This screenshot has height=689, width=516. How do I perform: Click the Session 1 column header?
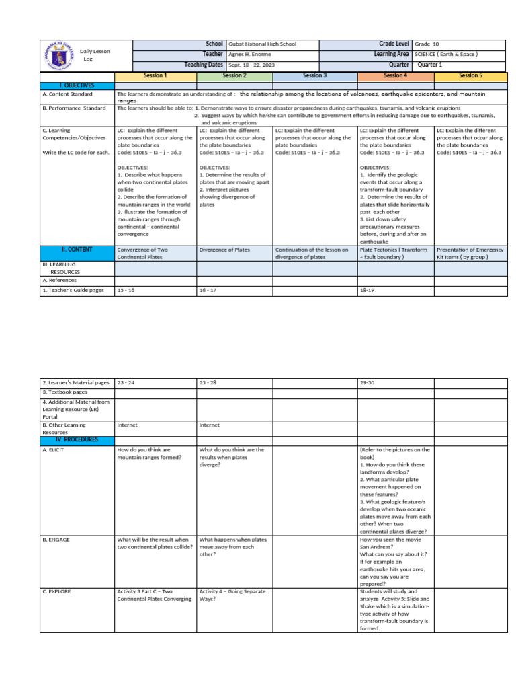[155, 76]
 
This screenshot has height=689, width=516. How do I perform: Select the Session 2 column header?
[234, 76]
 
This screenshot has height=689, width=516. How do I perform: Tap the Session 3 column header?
[314, 76]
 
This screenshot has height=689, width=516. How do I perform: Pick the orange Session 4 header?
[395, 76]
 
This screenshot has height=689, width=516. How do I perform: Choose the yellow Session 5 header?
[470, 76]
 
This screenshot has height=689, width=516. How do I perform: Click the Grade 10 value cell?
[427, 44]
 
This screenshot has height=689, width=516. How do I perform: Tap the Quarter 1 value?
[430, 65]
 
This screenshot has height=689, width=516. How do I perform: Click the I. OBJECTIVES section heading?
[77, 85]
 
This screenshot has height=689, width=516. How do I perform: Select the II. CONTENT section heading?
[77, 249]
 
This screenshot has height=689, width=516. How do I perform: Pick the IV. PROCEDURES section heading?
[77, 439]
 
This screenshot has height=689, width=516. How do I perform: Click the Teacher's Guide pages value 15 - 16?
[126, 291]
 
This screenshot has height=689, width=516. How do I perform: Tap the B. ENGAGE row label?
[56, 540]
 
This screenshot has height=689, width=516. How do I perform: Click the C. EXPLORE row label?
[57, 591]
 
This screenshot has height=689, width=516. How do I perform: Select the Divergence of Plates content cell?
[224, 250]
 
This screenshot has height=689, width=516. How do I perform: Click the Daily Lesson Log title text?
[95, 55]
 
